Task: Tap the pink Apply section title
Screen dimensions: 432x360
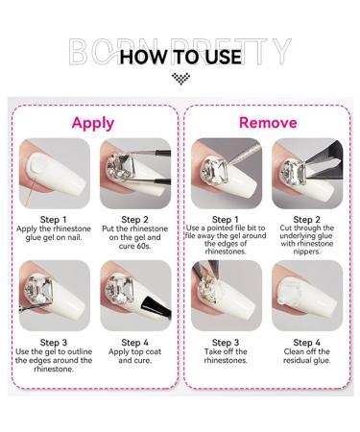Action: click(93, 123)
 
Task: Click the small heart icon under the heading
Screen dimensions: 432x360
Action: click(180, 78)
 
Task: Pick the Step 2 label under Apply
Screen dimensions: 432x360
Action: click(133, 219)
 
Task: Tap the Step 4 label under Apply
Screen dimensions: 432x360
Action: click(133, 342)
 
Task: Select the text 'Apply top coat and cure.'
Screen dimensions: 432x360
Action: click(133, 360)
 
